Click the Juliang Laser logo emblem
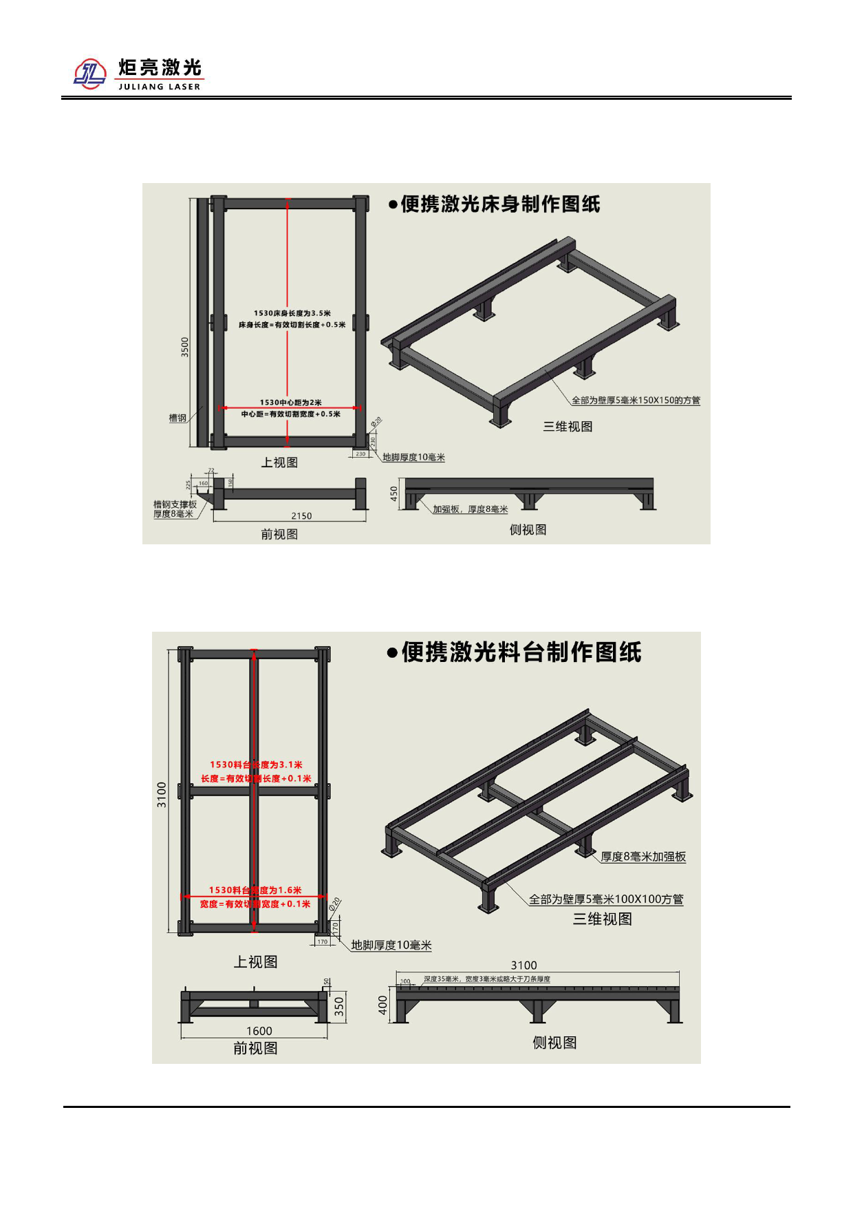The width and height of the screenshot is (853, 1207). [x=90, y=74]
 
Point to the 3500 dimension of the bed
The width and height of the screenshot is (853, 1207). [x=184, y=346]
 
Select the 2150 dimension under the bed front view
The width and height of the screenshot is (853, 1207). [x=301, y=516]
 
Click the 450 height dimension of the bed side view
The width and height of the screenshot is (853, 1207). [x=393, y=493]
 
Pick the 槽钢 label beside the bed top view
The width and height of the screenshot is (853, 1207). [x=177, y=418]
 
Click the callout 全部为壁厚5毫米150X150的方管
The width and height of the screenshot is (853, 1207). [x=636, y=400]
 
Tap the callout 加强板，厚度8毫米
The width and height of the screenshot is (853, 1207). [x=470, y=509]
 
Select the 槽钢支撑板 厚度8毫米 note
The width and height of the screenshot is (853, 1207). [x=175, y=509]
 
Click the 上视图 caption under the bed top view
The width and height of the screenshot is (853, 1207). [x=279, y=462]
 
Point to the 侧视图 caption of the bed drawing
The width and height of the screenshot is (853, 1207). [x=528, y=530]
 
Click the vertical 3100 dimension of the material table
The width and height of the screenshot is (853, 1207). [x=162, y=795]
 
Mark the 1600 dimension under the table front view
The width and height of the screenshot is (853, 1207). [x=259, y=1031]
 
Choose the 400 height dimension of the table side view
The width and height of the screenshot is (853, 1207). [x=383, y=1005]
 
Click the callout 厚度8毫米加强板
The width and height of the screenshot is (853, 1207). [x=643, y=857]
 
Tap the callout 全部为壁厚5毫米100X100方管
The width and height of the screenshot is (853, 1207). [x=606, y=899]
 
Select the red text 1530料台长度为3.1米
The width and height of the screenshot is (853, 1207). [x=256, y=765]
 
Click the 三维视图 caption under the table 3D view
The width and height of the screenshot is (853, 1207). [x=602, y=919]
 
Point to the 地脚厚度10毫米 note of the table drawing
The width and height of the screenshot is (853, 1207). [x=391, y=946]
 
